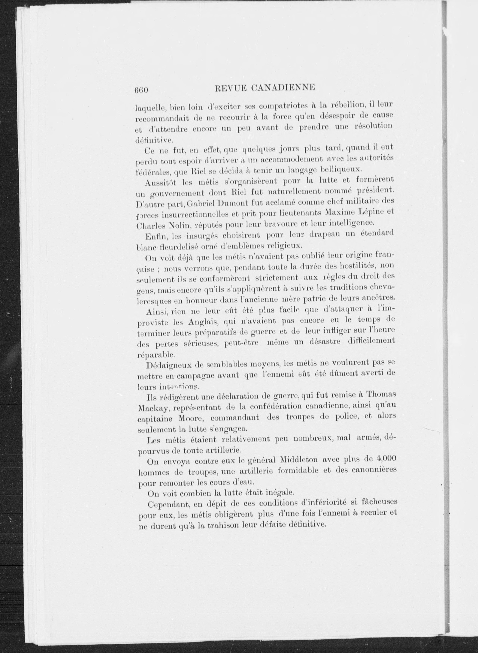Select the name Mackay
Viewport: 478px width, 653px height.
[x=153, y=408]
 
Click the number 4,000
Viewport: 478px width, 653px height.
[x=385, y=458]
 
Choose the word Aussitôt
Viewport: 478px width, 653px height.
[x=161, y=183]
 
